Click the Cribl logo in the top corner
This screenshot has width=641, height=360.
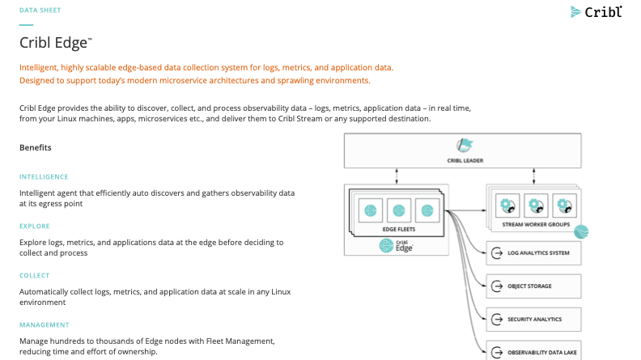click(x=597, y=11)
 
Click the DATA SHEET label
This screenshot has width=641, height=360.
click(x=40, y=11)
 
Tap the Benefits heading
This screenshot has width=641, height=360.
click(x=36, y=147)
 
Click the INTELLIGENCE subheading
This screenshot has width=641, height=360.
click(x=44, y=176)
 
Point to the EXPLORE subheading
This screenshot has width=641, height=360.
click(x=35, y=226)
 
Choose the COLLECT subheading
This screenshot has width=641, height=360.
click(x=35, y=275)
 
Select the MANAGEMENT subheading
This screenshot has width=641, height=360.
click(x=45, y=324)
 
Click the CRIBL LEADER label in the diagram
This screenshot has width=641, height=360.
click(x=465, y=160)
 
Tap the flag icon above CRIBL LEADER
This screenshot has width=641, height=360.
click(x=465, y=146)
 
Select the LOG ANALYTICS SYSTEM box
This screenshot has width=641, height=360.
click(x=534, y=253)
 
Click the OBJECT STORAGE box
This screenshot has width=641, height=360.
click(x=534, y=286)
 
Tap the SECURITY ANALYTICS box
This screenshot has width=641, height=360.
click(x=534, y=319)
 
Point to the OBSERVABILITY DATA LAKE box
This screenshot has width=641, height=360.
click(x=534, y=351)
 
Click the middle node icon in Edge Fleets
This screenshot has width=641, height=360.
click(x=398, y=210)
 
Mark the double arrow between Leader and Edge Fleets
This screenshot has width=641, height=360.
click(x=397, y=176)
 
